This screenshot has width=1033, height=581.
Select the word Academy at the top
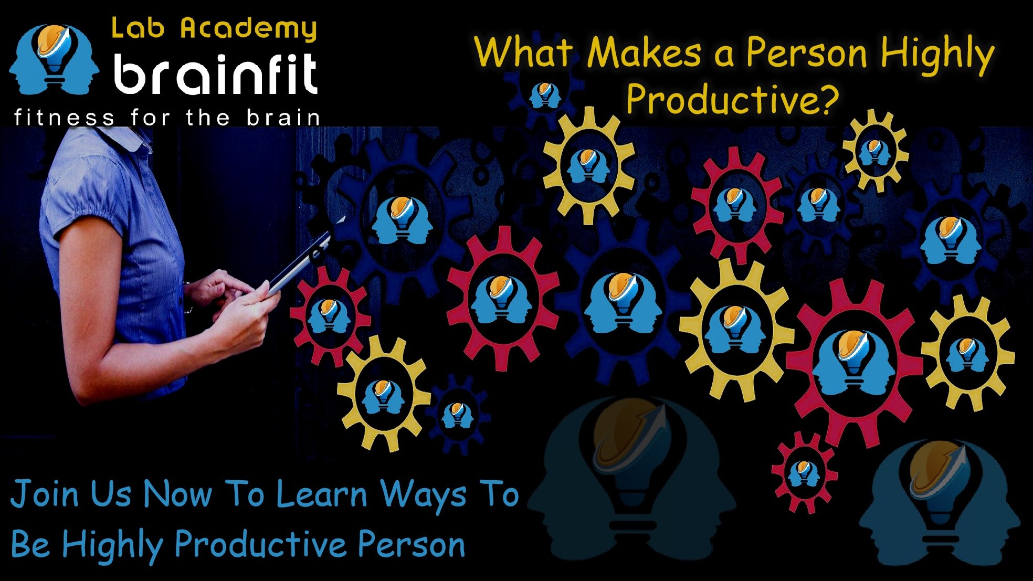click(249, 29)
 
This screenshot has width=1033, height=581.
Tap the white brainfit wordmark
click(216, 74)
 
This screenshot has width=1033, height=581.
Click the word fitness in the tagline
click(64, 118)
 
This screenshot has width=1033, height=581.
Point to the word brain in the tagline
click(283, 118)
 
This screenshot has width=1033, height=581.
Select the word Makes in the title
click(645, 52)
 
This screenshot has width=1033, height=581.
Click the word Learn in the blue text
click(322, 494)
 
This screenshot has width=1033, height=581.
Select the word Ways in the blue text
click(423, 496)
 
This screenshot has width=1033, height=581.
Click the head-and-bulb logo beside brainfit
click(54, 59)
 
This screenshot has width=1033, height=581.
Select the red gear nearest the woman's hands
click(330, 315)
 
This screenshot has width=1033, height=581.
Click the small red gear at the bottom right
click(803, 473)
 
